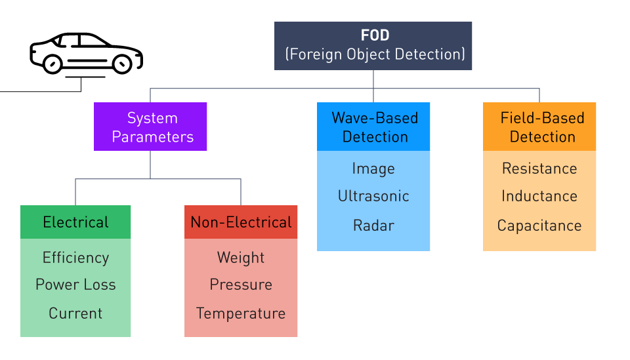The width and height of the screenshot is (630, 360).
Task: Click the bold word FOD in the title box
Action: point(375,35)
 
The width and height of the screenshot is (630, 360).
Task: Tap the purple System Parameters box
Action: point(150,127)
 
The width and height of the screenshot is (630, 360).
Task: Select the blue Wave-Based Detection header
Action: point(373,127)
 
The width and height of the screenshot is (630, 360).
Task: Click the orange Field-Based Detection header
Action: point(539,127)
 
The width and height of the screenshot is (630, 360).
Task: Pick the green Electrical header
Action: point(75,222)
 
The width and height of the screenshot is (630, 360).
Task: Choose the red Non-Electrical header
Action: point(241,222)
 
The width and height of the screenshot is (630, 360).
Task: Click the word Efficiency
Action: point(75,258)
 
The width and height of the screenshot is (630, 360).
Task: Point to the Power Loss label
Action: point(75,285)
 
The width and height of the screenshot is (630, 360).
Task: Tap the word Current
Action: point(75,313)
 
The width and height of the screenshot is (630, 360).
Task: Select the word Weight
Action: point(241,258)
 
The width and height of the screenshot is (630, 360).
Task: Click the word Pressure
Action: point(241,285)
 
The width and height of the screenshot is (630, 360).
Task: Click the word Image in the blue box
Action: point(373,169)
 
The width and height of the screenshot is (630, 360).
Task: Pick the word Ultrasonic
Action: point(373,196)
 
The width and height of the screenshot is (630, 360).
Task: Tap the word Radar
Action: point(373,226)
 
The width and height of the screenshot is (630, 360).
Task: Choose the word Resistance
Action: point(539,169)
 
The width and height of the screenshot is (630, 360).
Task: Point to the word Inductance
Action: point(539,196)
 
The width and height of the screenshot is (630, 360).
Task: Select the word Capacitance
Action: point(539,226)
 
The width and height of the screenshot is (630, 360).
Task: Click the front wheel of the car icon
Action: point(122,64)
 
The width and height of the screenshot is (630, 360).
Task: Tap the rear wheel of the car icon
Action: point(52,64)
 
